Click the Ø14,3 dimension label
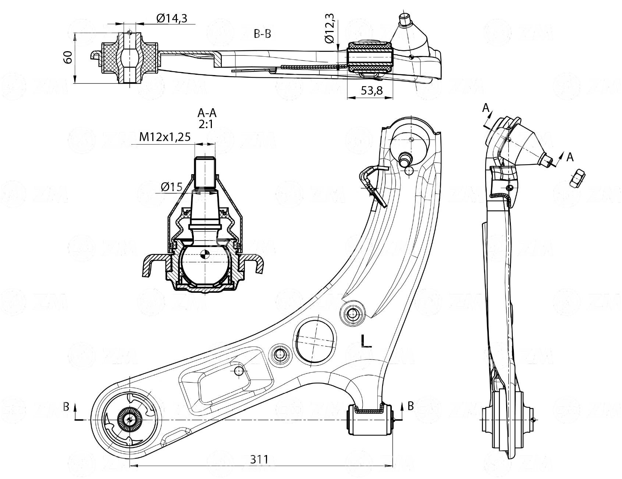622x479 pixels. tap(171, 18)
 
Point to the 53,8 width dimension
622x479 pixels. tap(371, 91)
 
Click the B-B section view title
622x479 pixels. tap(263, 34)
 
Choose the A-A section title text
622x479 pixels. tap(207, 113)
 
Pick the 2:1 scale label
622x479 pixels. tap(206, 124)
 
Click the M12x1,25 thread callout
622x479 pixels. tap(165, 137)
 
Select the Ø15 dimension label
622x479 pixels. tap(171, 187)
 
